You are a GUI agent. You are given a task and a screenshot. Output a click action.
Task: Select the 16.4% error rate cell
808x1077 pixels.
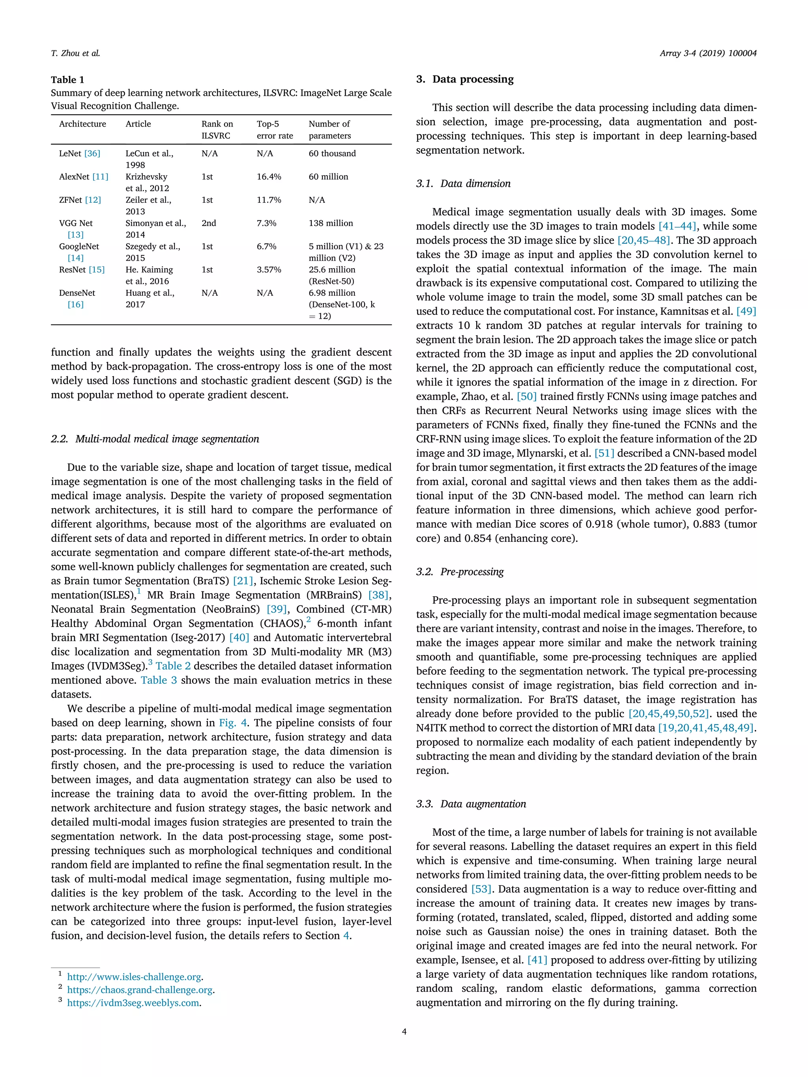269,177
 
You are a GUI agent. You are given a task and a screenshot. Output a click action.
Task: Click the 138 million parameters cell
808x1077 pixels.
331,223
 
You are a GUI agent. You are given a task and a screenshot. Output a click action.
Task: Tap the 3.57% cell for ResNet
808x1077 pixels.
269,270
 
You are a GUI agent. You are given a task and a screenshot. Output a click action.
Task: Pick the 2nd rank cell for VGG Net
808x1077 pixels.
209,223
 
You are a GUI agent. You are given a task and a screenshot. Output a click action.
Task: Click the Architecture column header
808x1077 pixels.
82,124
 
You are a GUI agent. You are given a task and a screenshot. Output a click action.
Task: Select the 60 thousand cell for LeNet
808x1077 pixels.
332,153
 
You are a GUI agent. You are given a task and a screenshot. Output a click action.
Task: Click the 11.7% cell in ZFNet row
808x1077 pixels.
269,200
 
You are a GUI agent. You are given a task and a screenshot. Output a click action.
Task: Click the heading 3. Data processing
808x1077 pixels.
465,79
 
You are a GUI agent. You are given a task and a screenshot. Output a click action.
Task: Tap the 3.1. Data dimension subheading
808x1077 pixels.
463,183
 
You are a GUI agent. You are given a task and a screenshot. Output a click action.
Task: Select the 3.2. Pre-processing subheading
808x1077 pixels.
460,571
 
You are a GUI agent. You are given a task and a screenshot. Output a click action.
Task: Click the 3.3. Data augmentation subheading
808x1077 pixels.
471,804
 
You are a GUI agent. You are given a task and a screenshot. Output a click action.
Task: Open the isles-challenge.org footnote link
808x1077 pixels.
134,977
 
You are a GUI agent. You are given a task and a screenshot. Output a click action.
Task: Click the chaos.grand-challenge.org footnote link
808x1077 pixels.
140,990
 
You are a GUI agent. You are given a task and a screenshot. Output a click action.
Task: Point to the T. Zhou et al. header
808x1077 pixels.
75,54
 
